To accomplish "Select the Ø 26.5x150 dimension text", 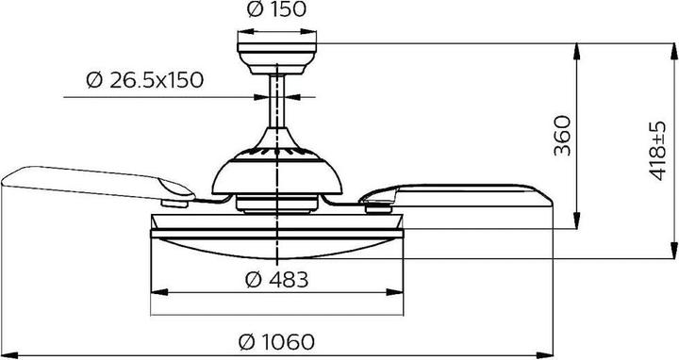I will [144, 80].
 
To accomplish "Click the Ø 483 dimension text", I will [277, 279].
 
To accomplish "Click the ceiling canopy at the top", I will [277, 51].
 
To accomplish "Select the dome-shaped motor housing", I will [277, 170].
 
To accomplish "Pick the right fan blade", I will [462, 192].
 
